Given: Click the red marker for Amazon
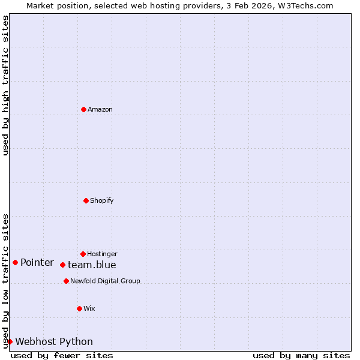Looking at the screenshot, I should point(83,109).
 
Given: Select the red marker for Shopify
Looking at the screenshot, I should point(86,200).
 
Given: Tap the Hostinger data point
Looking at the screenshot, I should point(83,254).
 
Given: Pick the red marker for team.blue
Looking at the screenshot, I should point(62,265).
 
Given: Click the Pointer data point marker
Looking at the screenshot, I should point(15,262).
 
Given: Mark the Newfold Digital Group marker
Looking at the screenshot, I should point(66,281).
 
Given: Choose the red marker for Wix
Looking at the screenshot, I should point(79,308).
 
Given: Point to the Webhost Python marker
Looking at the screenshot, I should point(10,341).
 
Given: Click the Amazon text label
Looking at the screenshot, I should point(100,109).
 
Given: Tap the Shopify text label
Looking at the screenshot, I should point(101,200).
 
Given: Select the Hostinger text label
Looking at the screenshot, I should point(102,254).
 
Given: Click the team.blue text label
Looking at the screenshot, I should point(92,265).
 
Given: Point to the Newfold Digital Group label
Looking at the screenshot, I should point(105,281).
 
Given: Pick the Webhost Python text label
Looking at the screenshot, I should point(54,341).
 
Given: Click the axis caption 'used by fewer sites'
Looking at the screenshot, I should point(62,355).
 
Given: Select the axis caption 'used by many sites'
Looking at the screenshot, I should point(301,355).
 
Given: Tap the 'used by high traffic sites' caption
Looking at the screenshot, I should point(5,85).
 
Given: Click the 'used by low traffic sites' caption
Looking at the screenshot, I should point(5,280).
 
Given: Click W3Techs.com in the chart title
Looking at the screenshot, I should point(305,5).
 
